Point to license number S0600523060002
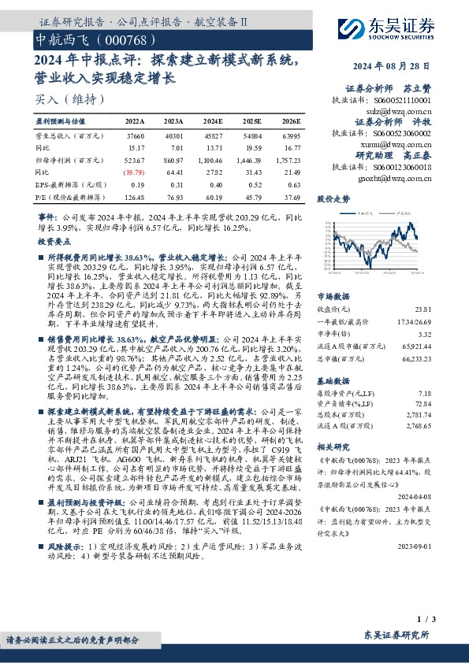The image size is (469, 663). point(398,134)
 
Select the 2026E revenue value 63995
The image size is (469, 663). point(291,135)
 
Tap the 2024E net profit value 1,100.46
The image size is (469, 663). point(212,159)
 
